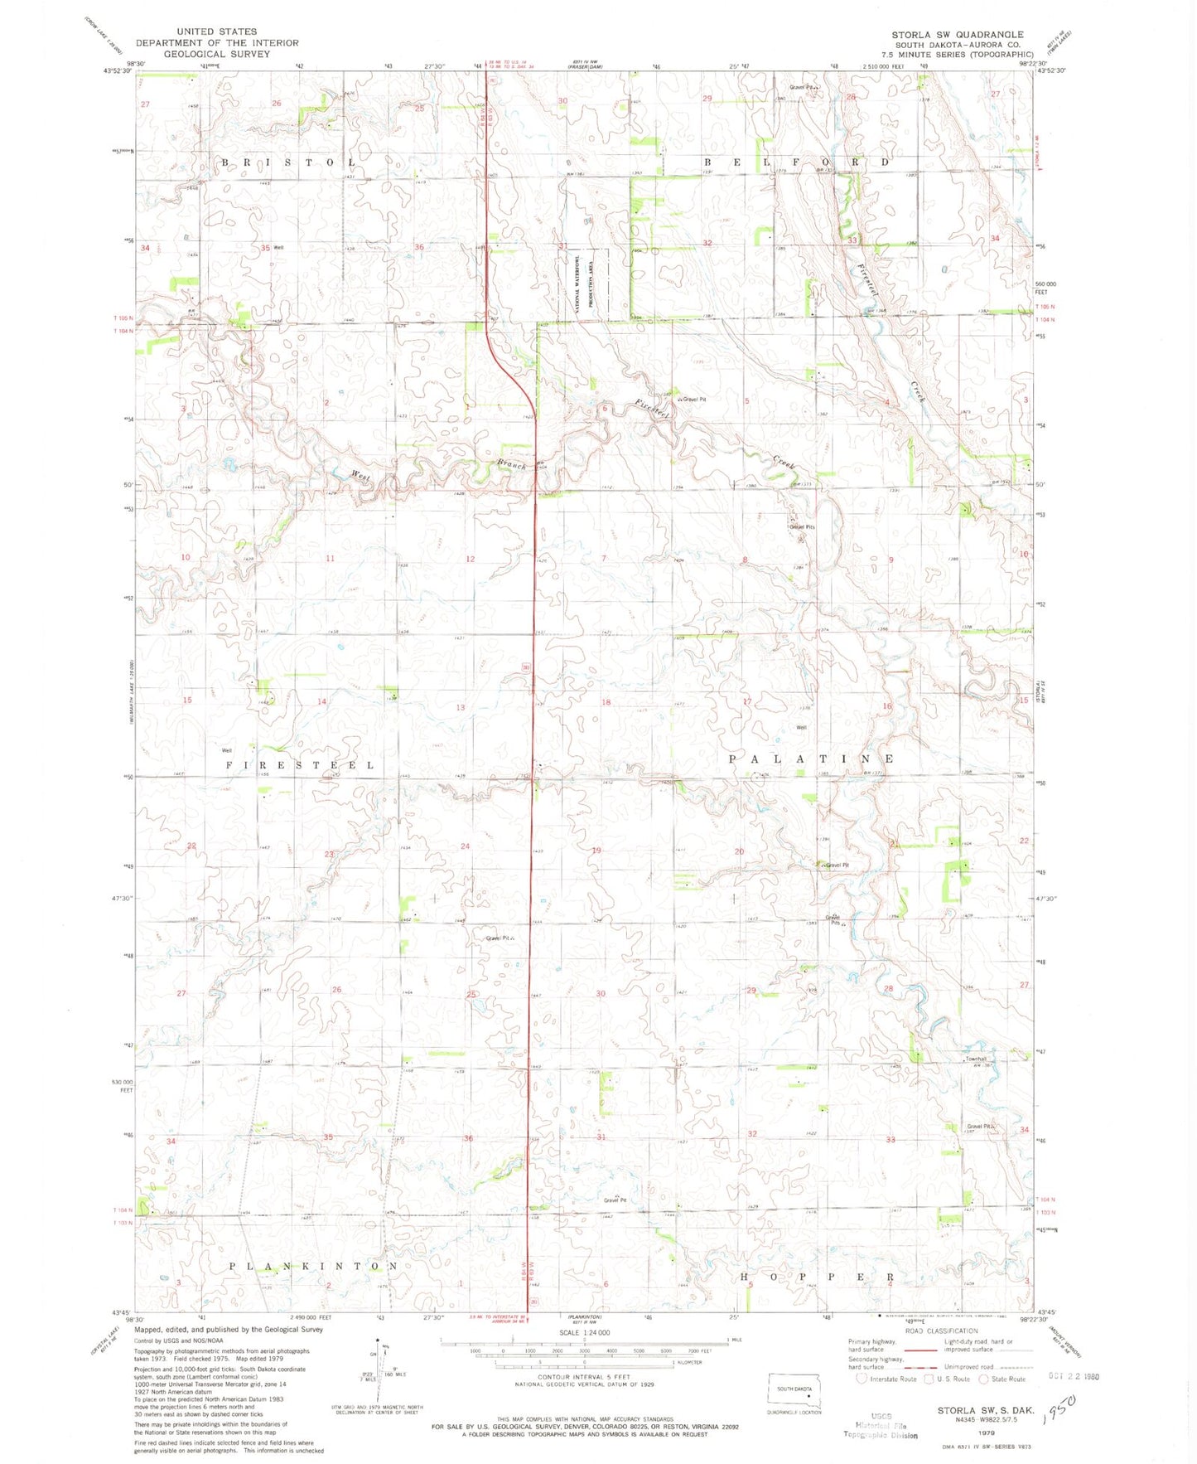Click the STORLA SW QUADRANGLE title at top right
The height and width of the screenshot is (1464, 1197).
(957, 35)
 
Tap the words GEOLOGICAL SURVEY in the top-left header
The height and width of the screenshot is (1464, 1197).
(216, 54)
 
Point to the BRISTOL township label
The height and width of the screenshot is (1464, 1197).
(288, 162)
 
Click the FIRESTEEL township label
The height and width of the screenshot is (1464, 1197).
(300, 764)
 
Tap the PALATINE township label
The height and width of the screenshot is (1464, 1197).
(812, 759)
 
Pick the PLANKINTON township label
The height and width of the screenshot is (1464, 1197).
(313, 1266)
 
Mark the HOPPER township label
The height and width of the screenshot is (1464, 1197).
(817, 1277)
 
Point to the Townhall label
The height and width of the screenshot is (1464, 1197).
(975, 1059)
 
